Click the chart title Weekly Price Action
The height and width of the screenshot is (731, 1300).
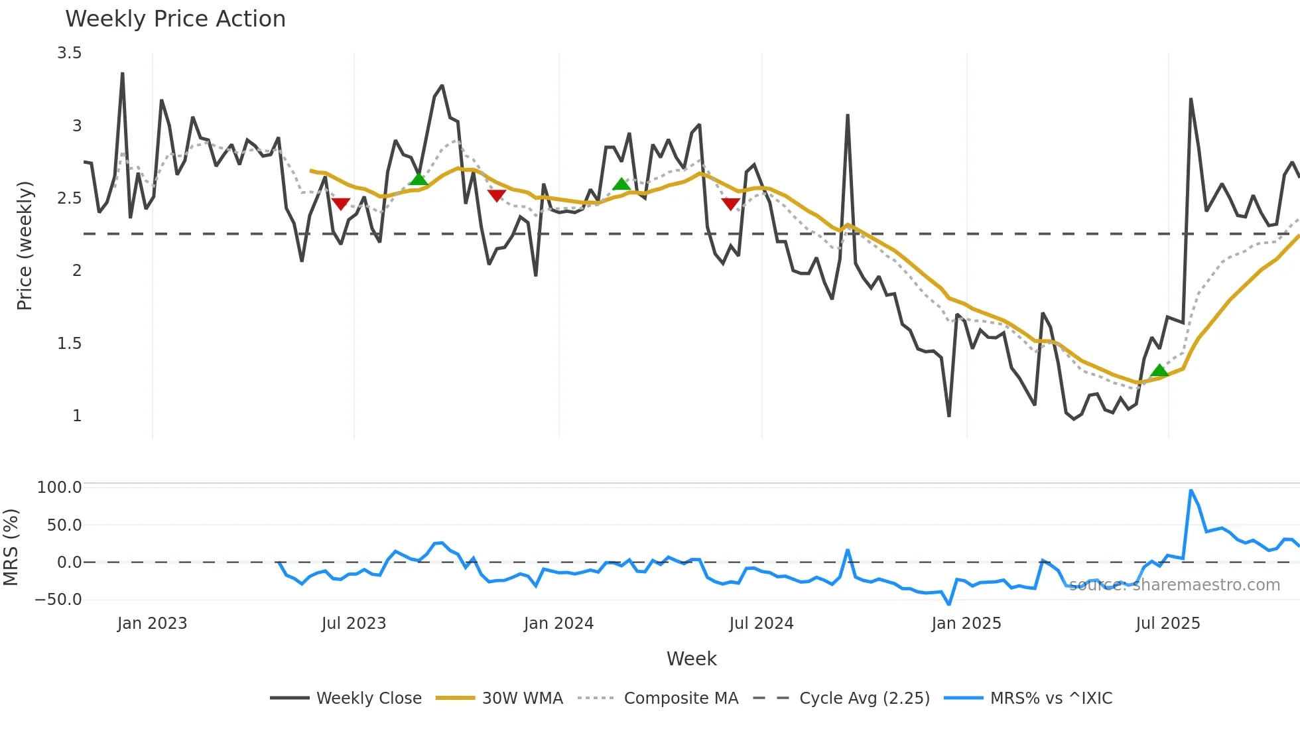(175, 19)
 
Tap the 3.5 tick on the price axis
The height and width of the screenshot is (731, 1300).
(70, 53)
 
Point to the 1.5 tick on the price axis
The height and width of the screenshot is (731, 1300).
(70, 344)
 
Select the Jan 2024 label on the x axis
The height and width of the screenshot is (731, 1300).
(558, 624)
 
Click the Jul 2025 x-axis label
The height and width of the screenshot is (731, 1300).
(1168, 624)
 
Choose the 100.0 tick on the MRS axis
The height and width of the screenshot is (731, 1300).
(60, 488)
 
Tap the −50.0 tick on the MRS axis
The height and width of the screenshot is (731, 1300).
(58, 600)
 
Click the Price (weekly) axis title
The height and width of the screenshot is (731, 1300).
(25, 245)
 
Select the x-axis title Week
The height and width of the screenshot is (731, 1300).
(691, 659)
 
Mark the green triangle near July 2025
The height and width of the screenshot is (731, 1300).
(1159, 371)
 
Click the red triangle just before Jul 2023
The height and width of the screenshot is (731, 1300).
(340, 204)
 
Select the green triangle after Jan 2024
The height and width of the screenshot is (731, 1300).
(621, 184)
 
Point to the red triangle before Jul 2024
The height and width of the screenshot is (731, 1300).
(730, 204)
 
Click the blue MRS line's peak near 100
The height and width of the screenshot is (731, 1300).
(1191, 491)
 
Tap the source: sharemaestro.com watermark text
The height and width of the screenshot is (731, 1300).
(1174, 585)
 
